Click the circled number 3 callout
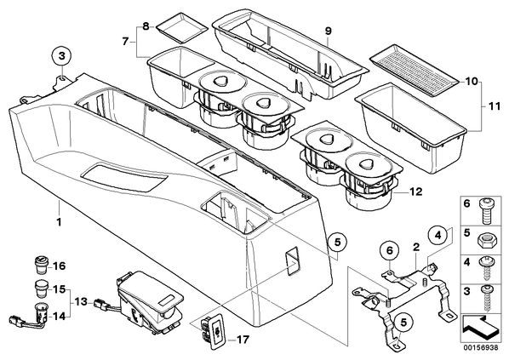[61, 56]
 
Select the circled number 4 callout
[438, 234]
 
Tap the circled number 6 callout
[390, 250]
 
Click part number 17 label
[243, 340]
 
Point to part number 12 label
[416, 191]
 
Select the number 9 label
[329, 31]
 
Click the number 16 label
[59, 266]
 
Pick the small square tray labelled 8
[181, 28]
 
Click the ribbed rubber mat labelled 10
[415, 70]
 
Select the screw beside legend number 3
[486, 299]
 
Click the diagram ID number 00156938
[481, 347]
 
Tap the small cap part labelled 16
[41, 265]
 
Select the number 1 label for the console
[59, 222]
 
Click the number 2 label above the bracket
[416, 248]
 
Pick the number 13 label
[80, 302]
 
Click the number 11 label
[495, 106]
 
